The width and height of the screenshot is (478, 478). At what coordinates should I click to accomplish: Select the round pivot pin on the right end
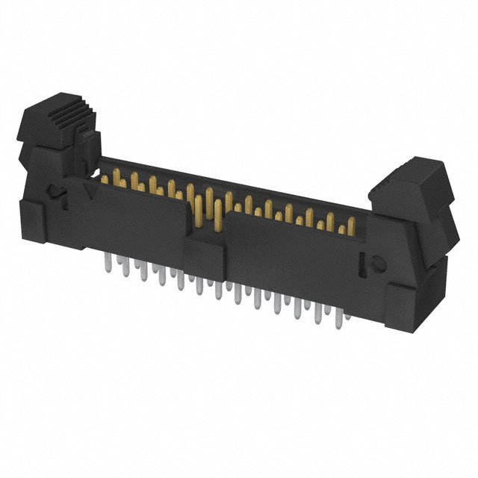377,263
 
